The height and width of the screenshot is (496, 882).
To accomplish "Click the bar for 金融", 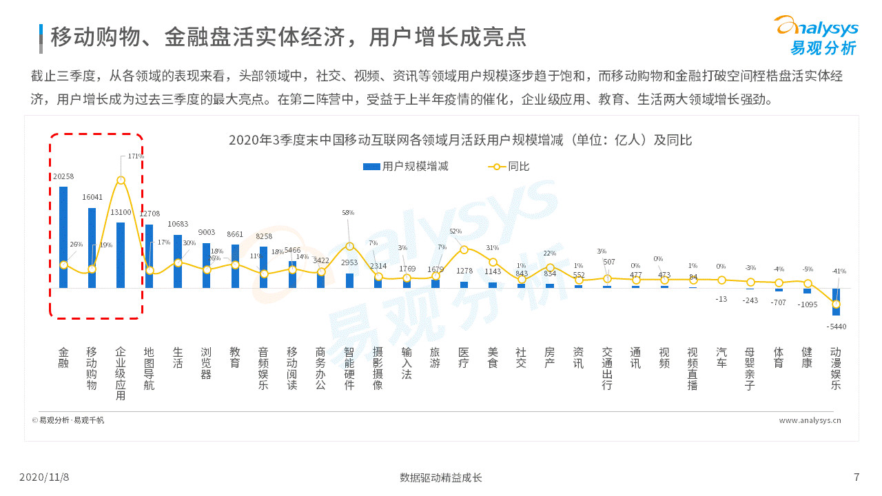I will coord(63,237).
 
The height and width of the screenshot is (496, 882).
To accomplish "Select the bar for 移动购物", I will coord(92,247).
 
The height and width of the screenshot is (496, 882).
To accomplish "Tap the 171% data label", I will coord(136,156).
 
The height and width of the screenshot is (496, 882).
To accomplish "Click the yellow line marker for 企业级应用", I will coord(121,180).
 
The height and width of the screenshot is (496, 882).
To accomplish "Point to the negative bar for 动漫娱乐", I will coord(836,302).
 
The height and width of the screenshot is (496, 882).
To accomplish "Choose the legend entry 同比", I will coord(510,167).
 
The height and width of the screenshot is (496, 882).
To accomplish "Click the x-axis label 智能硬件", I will coord(349,369).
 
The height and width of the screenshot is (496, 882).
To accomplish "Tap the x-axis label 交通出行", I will coord(606,369).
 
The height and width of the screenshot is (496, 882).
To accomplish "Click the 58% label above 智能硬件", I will coord(348,213).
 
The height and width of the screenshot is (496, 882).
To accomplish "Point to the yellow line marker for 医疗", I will coord(464,249).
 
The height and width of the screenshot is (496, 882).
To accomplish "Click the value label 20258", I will coord(63,176).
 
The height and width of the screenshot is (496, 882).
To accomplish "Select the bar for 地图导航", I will coord(149,256).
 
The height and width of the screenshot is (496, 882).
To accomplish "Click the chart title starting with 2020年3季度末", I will coord(460,141).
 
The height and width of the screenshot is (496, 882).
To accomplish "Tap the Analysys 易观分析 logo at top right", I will coord(817,36).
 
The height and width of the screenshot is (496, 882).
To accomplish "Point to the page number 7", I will coord(857,477).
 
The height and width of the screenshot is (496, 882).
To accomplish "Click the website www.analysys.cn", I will coord(810,420).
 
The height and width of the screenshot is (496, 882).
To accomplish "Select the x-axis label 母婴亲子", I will coord(750,369).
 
